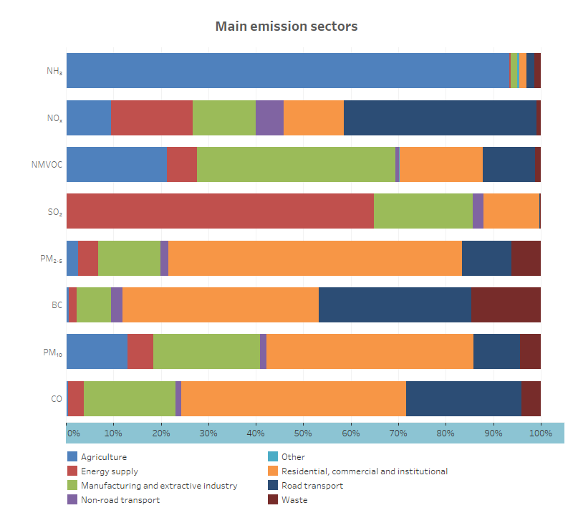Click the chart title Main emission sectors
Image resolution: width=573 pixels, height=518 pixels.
(286, 27)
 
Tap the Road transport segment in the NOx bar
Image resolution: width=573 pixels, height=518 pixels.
(440, 117)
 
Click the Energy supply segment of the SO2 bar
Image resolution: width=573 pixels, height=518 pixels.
(220, 211)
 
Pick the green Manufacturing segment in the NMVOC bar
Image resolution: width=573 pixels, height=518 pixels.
(296, 164)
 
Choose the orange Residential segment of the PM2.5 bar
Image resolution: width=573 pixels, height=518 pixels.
(315, 258)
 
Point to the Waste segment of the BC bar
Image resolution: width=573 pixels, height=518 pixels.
(506, 304)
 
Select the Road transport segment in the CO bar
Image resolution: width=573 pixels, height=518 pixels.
(463, 398)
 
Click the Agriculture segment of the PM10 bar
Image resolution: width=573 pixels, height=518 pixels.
(97, 352)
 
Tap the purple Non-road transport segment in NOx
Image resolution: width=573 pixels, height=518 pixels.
(269, 117)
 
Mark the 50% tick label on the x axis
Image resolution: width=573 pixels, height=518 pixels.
(304, 433)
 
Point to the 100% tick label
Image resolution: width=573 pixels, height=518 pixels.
(540, 433)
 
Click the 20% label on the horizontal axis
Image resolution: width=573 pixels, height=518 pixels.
(161, 433)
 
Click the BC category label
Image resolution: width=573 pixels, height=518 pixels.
(57, 305)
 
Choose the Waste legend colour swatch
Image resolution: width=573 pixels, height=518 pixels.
(272, 500)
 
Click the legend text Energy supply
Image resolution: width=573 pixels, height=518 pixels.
(110, 471)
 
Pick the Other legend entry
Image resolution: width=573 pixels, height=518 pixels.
(293, 457)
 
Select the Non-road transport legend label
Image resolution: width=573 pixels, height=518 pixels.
(120, 500)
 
